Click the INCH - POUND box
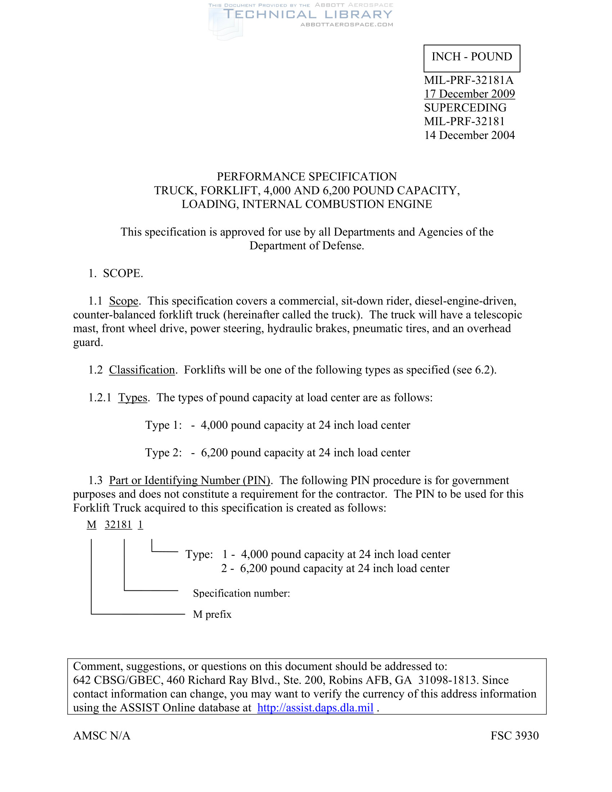472,58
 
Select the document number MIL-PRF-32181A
469,80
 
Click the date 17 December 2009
469,94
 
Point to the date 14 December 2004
469,135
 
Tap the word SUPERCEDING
465,107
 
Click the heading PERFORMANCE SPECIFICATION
306,176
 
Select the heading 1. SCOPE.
116,273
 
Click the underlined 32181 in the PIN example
118,525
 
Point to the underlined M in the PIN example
91,525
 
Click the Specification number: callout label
241,593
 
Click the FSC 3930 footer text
514,735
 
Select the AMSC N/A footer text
102,735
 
